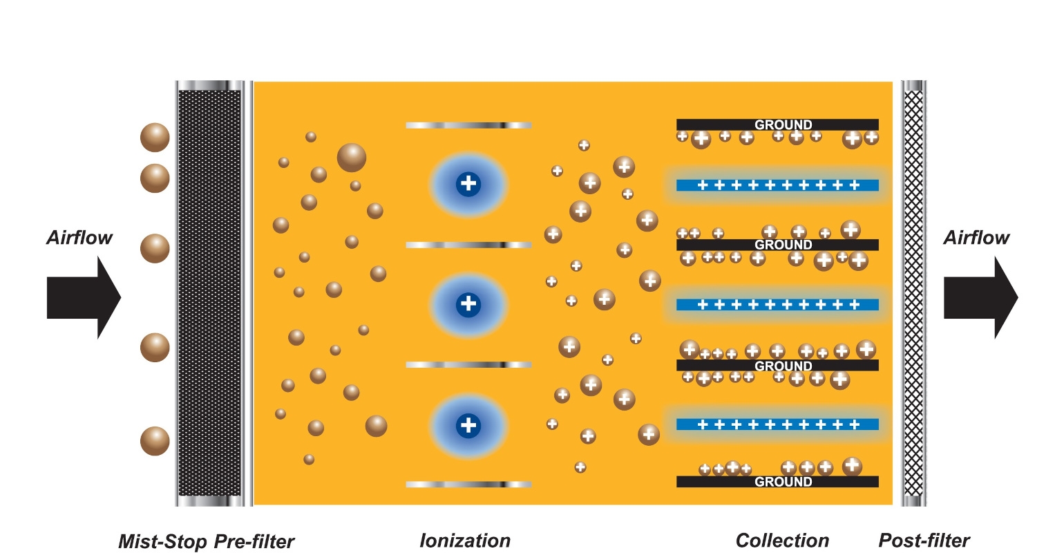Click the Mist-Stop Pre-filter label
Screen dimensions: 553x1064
click(x=206, y=541)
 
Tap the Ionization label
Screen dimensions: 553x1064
click(x=465, y=541)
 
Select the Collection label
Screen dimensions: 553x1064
click(x=782, y=541)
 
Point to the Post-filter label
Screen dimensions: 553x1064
click(x=924, y=541)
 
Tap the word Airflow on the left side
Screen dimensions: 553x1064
click(x=79, y=238)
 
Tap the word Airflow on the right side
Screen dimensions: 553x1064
click(x=976, y=238)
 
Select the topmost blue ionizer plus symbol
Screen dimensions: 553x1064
click(x=468, y=184)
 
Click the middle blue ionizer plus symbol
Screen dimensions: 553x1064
click(x=468, y=303)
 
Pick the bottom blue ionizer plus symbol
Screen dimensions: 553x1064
click(x=468, y=424)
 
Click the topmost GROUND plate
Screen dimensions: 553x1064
click(x=777, y=124)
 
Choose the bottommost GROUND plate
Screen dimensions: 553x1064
click(x=777, y=482)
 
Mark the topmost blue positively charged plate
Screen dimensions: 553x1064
click(x=777, y=185)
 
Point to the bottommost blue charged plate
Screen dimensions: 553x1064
click(x=777, y=424)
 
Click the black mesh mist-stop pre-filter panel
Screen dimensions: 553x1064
click(x=209, y=293)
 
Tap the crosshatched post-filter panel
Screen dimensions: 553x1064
click(x=913, y=293)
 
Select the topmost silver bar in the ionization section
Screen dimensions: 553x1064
click(x=468, y=125)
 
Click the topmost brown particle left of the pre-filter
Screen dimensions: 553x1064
click(x=155, y=138)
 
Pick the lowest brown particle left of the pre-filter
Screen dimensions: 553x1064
click(x=155, y=441)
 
